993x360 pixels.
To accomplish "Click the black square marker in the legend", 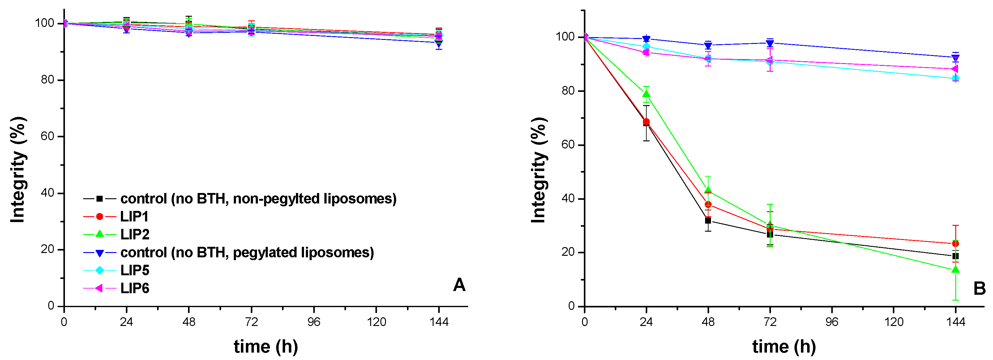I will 100,199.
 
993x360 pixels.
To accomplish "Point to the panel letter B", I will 979,288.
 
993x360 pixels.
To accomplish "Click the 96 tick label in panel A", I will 314,322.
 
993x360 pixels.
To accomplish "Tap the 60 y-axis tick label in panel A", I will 48,136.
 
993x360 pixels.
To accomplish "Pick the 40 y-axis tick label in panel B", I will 568,199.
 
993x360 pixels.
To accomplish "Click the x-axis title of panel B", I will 784,346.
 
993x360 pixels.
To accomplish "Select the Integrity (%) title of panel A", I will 18,169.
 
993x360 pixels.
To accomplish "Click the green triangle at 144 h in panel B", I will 955,269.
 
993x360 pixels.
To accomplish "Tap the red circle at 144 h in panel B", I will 955,244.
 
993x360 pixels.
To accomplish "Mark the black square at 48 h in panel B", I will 708,221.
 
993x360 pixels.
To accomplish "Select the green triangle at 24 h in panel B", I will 646,94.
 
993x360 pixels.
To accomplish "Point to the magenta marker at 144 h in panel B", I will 955,69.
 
